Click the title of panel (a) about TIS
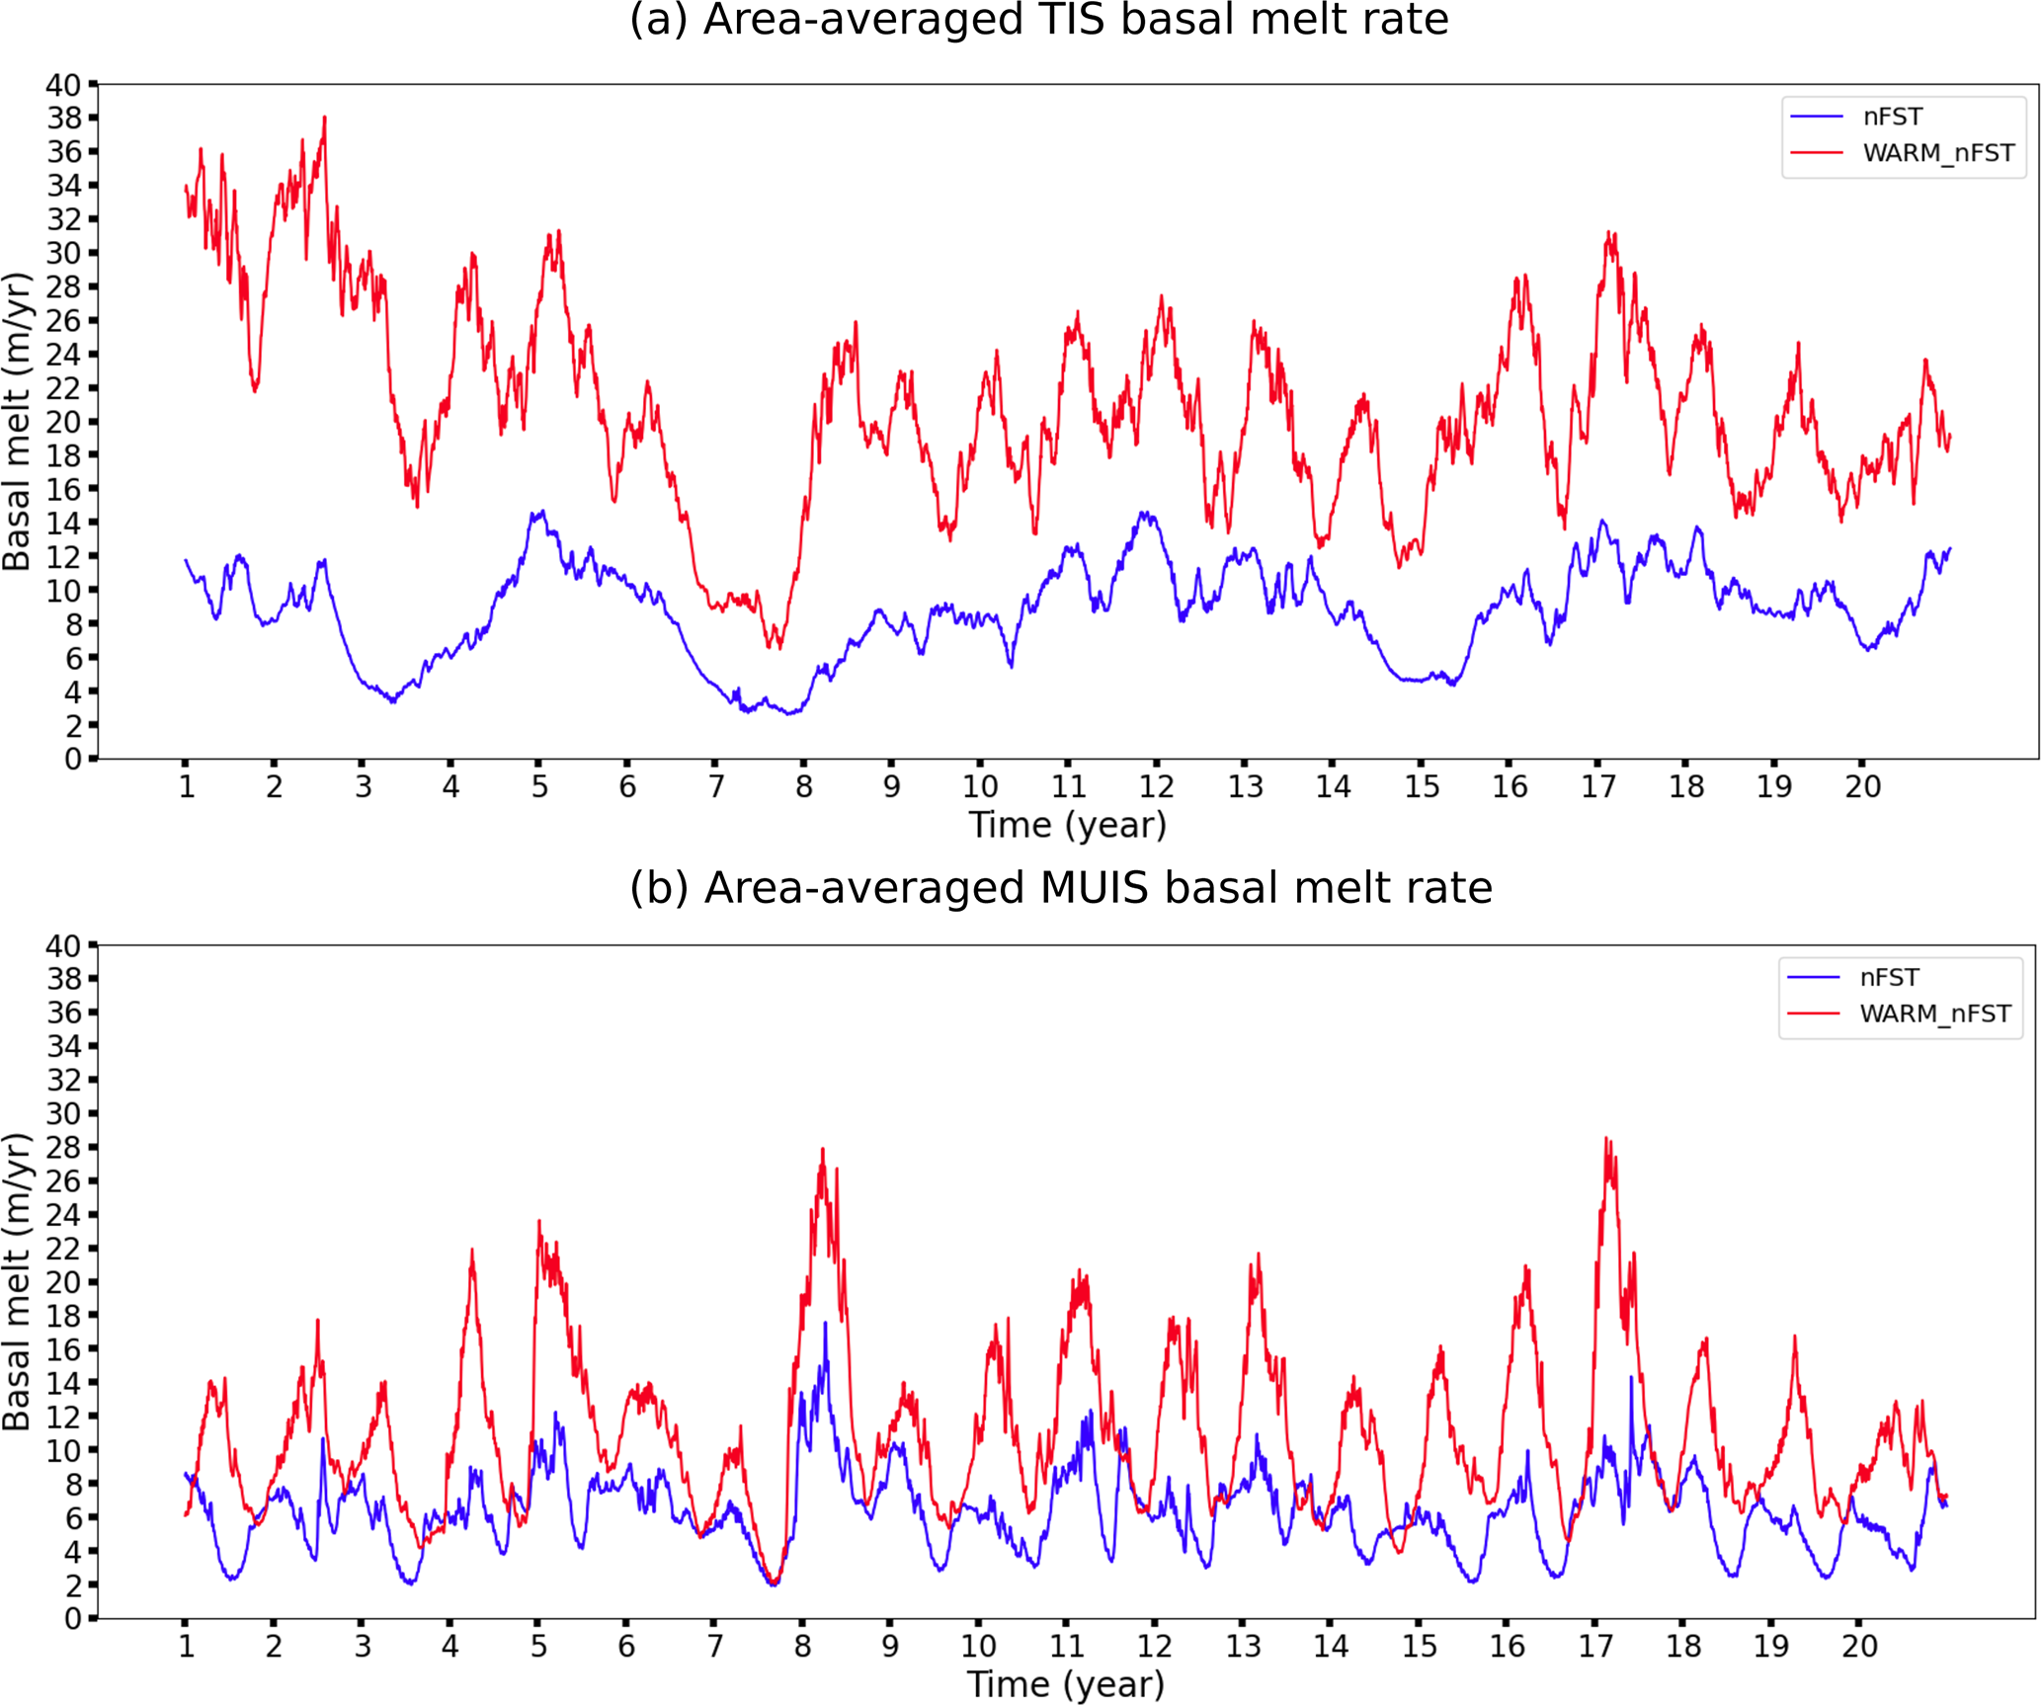click(1038, 21)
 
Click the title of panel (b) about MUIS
click(1060, 888)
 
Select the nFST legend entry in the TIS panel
click(1892, 117)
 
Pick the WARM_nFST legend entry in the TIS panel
click(1937, 153)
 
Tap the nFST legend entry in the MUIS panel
click(1888, 977)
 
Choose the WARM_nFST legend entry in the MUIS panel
click(1934, 1014)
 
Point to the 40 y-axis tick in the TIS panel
click(63, 85)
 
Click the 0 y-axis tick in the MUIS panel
click(73, 1618)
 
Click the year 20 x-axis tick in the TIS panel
click(1862, 786)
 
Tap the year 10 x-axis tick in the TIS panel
click(980, 786)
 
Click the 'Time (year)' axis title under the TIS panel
click(1067, 825)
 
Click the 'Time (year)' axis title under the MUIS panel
click(1065, 1684)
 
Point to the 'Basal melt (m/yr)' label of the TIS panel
click(18, 422)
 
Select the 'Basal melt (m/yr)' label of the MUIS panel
click(18, 1281)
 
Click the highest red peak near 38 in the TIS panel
click(324, 118)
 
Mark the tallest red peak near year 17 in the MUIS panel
click(1605, 1139)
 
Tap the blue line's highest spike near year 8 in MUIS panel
click(825, 1324)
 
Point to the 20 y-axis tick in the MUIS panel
click(63, 1281)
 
